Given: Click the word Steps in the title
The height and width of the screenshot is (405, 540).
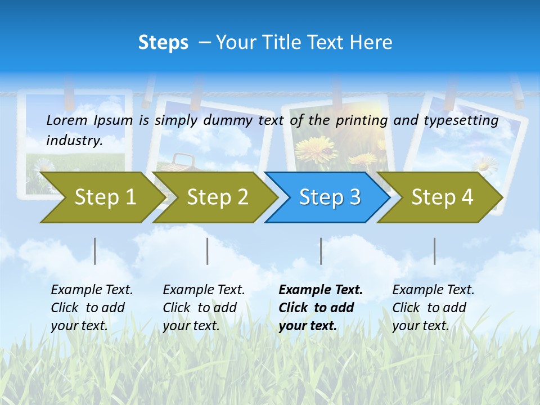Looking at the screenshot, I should pos(163,42).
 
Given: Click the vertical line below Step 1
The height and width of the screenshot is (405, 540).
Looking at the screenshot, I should pos(95,251).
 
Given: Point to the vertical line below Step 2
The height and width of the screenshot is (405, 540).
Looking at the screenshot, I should pos(208,251).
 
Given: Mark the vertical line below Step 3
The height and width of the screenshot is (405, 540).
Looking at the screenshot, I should pos(321,251).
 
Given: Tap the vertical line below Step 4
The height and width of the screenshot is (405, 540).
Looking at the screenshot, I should pos(435,251).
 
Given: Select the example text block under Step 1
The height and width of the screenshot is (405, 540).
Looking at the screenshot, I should pos(92,307).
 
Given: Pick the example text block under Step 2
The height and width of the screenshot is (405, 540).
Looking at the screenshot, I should pos(204,307).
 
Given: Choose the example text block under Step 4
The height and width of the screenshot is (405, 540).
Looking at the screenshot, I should pos(433,307).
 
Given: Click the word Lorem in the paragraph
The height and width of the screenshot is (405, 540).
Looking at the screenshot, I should pos(67,120).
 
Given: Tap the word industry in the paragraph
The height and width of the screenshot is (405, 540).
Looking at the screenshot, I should pos(74,141).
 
